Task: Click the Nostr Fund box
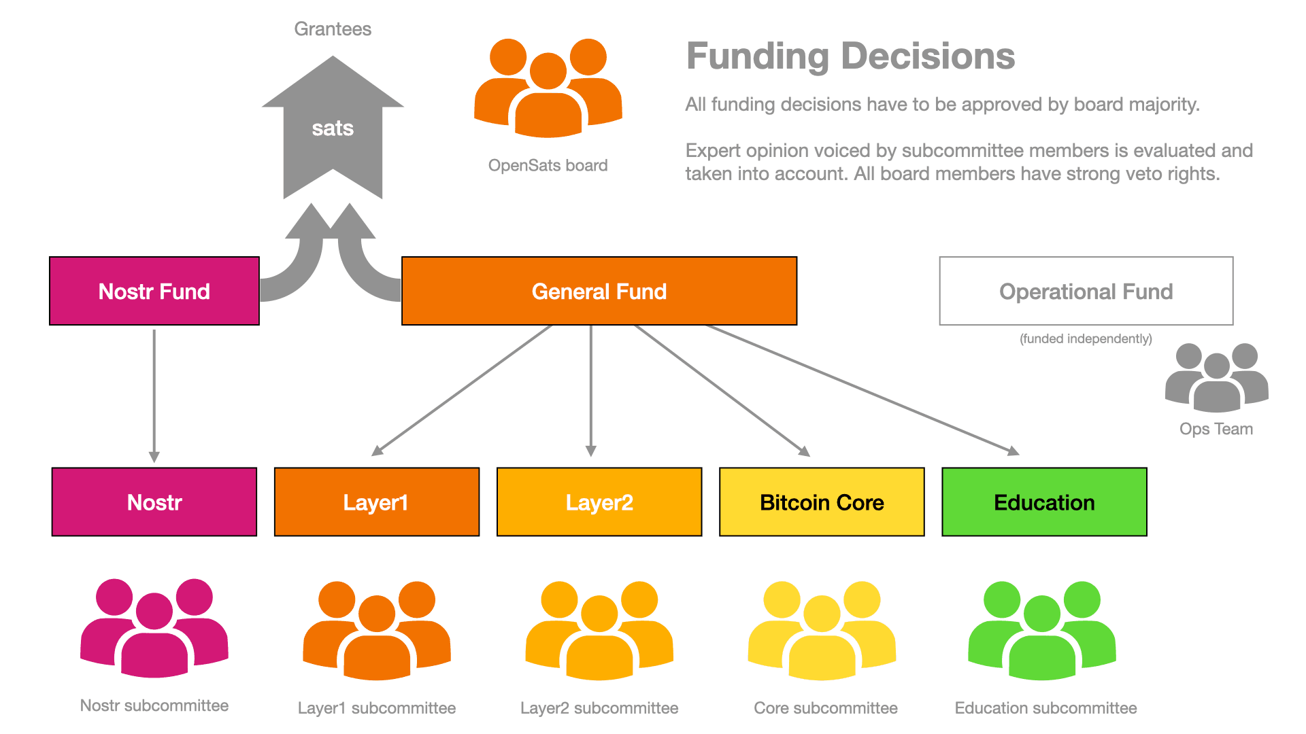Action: coord(154,291)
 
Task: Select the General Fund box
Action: coord(599,291)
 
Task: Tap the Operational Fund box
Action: coord(1086,291)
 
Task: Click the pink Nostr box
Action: coord(154,502)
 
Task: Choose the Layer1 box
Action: coord(377,502)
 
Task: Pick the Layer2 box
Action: coord(599,502)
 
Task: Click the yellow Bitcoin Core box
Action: coord(822,502)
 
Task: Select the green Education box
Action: coord(1044,502)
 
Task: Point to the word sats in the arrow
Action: coord(333,128)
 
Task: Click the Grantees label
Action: coord(333,29)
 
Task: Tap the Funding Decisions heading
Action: coord(850,56)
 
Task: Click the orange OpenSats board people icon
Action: coord(548,88)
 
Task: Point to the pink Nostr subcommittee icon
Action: coord(154,629)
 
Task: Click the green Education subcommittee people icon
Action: coord(1042,631)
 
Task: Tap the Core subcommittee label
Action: coord(825,708)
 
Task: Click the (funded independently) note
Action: coord(1086,338)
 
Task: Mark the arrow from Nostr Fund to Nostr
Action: coord(154,394)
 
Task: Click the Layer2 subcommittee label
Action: coord(599,708)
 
